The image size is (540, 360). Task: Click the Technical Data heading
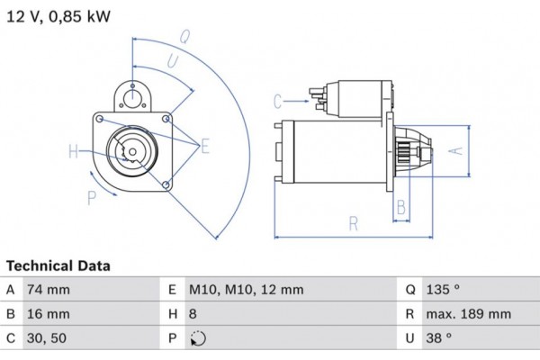58,266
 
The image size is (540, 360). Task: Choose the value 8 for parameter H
194,314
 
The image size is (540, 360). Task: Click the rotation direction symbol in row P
198,339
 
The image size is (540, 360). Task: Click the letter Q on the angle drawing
184,37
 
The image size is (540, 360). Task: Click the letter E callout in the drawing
205,146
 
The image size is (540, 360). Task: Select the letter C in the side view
278,100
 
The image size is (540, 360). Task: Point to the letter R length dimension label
354,222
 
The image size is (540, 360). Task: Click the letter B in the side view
401,206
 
